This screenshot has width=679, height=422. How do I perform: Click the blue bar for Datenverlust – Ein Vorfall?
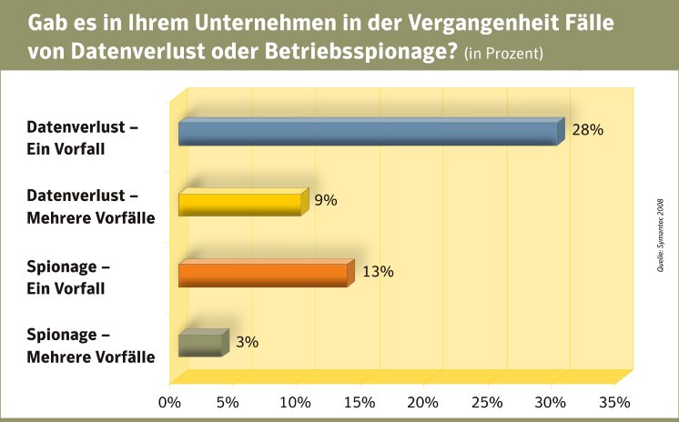[x=368, y=134]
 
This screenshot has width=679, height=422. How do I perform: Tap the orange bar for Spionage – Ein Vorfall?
[x=263, y=275]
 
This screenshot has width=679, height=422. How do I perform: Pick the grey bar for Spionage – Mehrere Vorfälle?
[x=200, y=345]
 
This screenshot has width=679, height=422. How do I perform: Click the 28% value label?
[x=587, y=130]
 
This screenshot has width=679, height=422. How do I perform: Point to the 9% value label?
[x=325, y=200]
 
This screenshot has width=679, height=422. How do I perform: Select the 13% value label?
[x=377, y=271]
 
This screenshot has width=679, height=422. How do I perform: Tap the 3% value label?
[x=248, y=342]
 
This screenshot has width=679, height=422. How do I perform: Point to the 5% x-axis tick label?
[x=226, y=402]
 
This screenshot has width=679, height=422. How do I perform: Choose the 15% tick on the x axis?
[x=360, y=402]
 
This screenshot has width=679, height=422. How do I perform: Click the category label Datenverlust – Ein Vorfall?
[x=83, y=137]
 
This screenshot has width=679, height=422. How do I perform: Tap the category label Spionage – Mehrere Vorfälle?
[x=90, y=346]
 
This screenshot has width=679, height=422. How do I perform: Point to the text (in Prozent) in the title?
[x=503, y=54]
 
